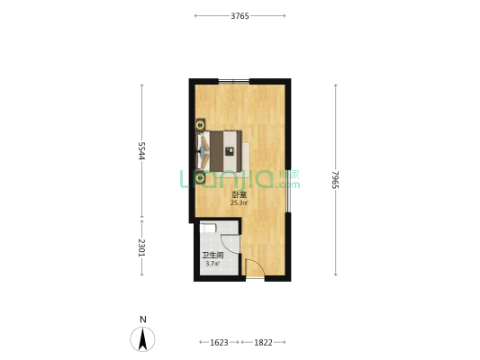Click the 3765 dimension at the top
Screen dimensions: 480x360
coord(240,16)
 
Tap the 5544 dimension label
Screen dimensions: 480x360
coord(141,151)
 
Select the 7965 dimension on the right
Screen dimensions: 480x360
coord(336,179)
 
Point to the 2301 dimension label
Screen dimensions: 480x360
coord(141,247)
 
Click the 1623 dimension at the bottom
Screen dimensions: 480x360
coord(219,343)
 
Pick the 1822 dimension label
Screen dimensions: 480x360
coord(263,343)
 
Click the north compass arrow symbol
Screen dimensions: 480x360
coord(142,339)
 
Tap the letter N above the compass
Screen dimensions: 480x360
coord(143,319)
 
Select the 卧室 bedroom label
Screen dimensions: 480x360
coord(240,194)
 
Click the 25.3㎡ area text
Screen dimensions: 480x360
coord(240,202)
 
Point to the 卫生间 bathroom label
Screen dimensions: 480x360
coord(213,256)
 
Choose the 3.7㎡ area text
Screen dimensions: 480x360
coord(213,264)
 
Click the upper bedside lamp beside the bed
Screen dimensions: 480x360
coord(200,125)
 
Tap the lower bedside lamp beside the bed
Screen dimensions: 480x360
coord(200,178)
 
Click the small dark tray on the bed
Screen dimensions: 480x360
coord(230,151)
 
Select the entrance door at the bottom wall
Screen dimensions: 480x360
coord(255,268)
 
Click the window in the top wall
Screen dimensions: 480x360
coord(234,81)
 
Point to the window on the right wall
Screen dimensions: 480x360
coord(288,191)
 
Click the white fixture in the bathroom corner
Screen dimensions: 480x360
coord(208,228)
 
